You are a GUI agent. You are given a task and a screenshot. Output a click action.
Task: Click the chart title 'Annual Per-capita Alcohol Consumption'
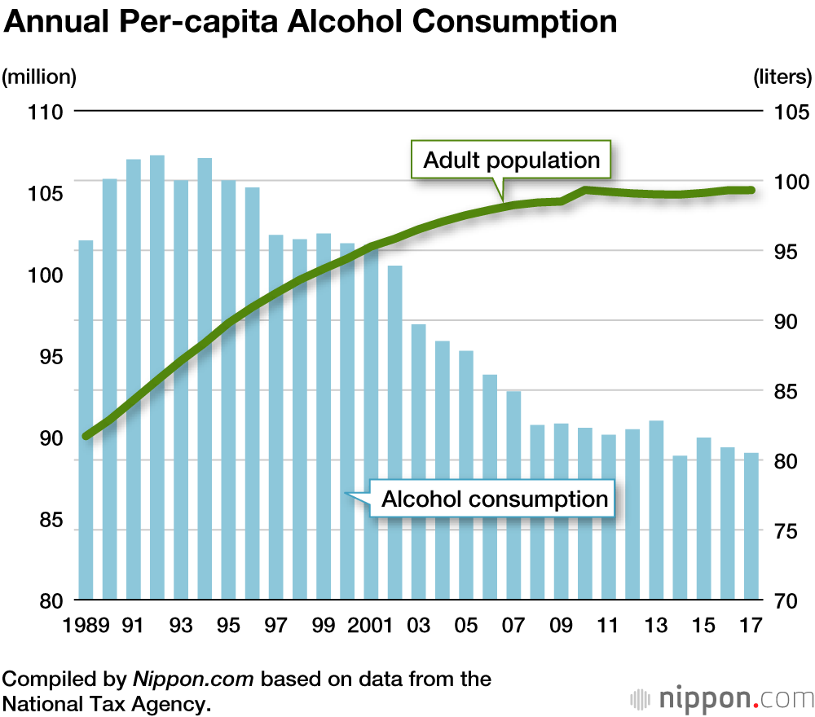(311, 22)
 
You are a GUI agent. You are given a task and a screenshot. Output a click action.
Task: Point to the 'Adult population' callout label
(511, 161)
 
